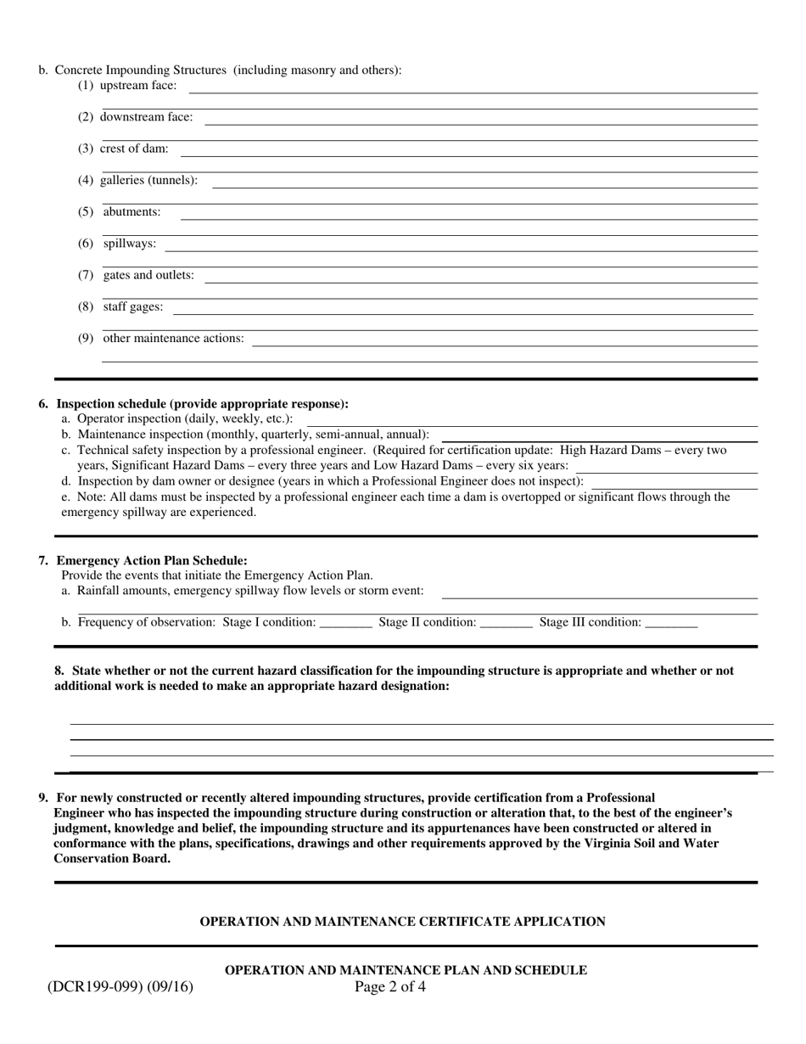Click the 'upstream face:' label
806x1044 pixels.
coord(138,85)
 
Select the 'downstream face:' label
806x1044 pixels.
coord(146,117)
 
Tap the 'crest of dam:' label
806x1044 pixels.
coord(134,149)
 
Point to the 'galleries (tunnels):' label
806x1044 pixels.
coord(148,180)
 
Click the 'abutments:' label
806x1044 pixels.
coord(132,211)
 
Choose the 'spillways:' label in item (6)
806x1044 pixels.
coord(130,244)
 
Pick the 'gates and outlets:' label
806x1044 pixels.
coord(148,275)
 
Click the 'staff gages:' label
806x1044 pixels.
coord(133,306)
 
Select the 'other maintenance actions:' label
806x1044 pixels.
coord(173,338)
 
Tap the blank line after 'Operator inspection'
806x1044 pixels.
coord(531,421)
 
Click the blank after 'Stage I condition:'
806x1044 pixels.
coord(346,624)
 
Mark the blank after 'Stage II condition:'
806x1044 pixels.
coord(507,624)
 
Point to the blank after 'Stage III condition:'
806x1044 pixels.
coord(671,624)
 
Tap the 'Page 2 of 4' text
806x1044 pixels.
coord(390,986)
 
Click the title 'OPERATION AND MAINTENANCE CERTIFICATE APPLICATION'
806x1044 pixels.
coord(402,921)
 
